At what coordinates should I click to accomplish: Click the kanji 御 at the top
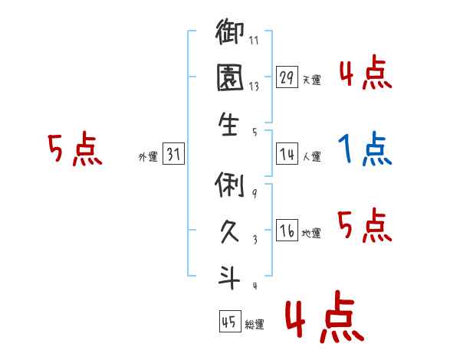[230, 35]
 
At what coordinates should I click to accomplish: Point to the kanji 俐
[230, 184]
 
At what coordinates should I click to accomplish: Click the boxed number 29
[287, 78]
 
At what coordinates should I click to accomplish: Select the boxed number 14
[287, 155]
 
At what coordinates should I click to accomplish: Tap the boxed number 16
[287, 231]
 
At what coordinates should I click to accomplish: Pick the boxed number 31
[173, 155]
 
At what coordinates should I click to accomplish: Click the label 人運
[312, 156]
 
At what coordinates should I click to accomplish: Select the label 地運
[312, 233]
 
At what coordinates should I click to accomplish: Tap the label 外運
[148, 156]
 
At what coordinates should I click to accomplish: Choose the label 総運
[255, 323]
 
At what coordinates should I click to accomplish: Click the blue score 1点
[365, 149]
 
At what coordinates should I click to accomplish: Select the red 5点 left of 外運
[74, 149]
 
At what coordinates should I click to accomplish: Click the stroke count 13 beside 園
[254, 87]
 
